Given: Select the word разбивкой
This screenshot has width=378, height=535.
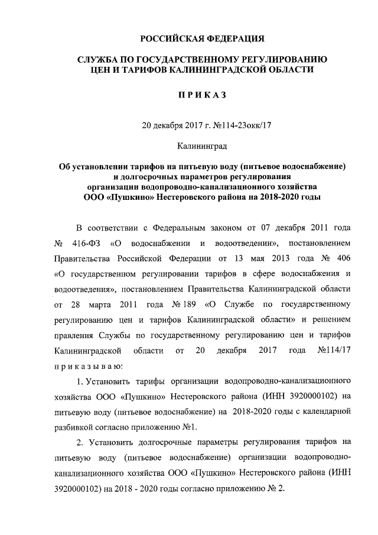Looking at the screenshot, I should (74, 426).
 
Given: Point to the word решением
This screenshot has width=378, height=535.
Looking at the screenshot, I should (334, 320).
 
